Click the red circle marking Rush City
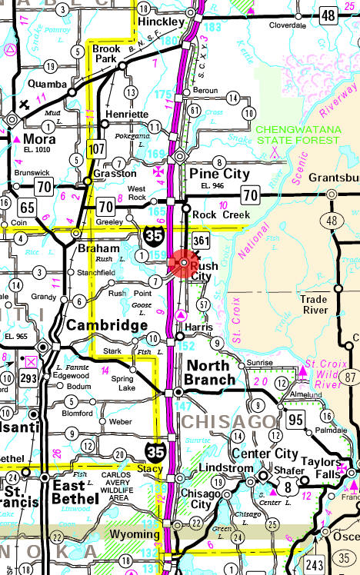185,264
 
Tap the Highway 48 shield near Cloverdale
329,15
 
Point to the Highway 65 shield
28,207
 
